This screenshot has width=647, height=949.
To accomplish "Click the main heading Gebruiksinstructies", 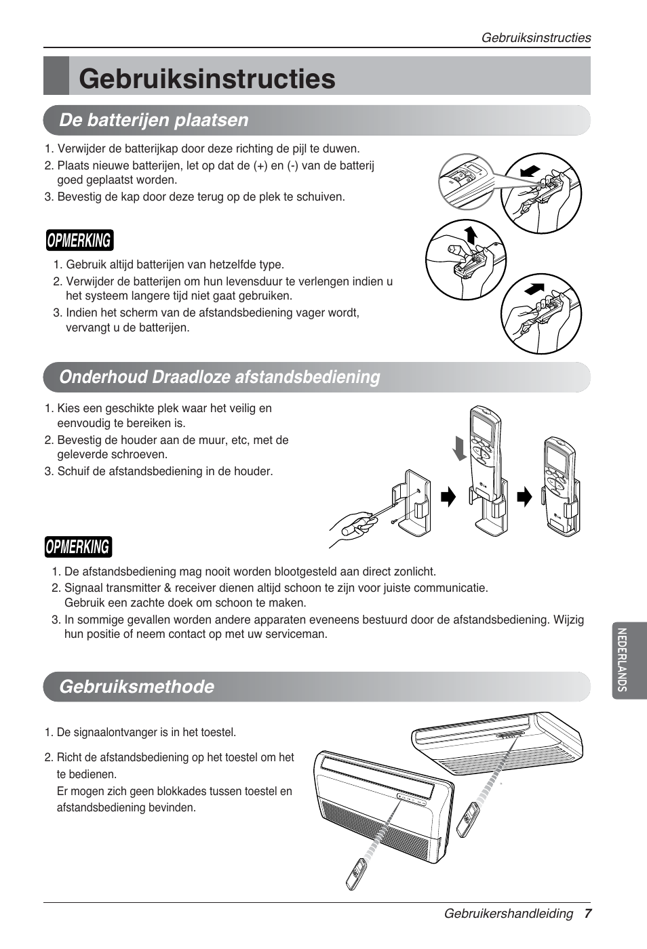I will [207, 79].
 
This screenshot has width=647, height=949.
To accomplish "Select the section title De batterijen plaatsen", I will [154, 120].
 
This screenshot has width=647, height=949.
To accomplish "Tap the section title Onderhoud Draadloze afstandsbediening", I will [219, 377].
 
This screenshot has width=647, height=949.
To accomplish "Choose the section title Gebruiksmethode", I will [136, 687].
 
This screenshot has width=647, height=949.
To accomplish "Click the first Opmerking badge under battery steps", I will [79, 241].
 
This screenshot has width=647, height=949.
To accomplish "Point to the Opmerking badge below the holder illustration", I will [79, 547].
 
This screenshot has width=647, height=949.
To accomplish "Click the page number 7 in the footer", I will [587, 914].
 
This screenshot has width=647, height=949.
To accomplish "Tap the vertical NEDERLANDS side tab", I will [622, 660].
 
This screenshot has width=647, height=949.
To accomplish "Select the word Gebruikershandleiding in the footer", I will [508, 914].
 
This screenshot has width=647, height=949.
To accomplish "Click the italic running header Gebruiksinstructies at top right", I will [536, 38].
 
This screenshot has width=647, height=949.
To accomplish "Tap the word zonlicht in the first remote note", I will [414, 572].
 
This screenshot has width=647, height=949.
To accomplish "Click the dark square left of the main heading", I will [56, 76].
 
